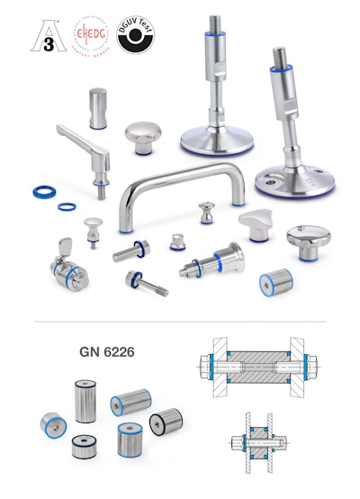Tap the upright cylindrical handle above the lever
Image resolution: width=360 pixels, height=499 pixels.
(99, 107)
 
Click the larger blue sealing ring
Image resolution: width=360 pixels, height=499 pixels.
(41, 191)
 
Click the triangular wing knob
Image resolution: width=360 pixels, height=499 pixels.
(256, 225)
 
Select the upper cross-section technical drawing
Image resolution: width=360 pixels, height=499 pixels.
(257, 367)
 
